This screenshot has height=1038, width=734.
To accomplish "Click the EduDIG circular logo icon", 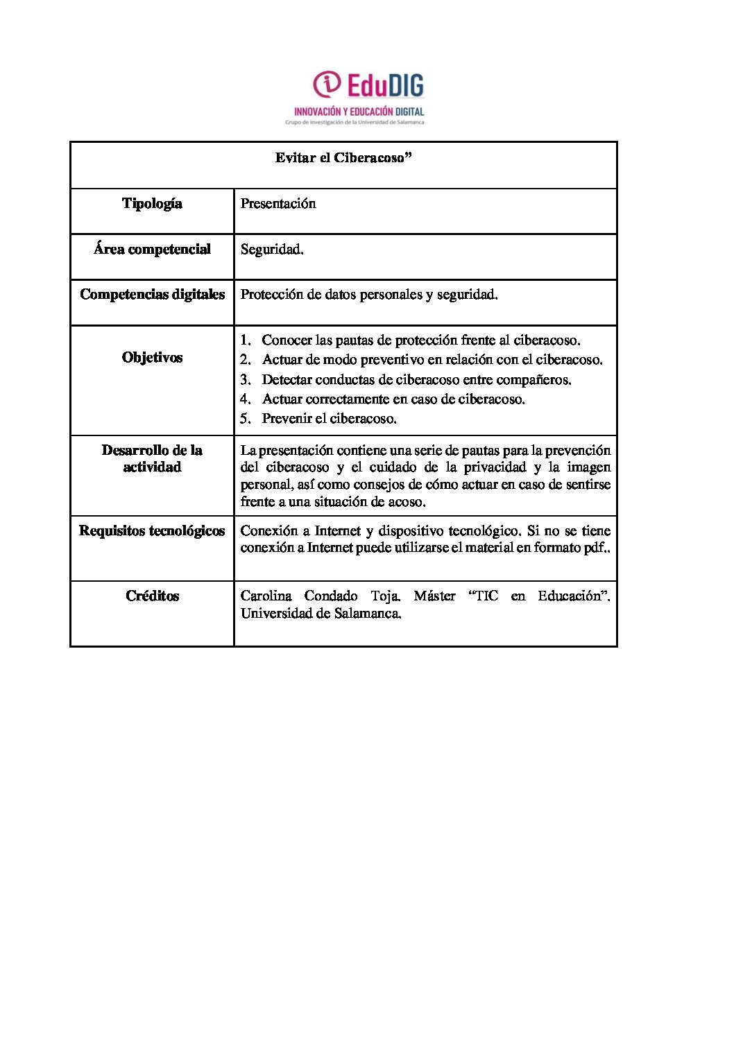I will coord(327,85).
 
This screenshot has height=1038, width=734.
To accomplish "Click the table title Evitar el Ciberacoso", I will coord(343,158).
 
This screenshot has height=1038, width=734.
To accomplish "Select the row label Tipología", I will coord(152,204).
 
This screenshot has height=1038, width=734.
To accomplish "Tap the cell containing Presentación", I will coord(278,204).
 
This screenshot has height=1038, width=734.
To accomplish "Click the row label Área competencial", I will coord(152,250).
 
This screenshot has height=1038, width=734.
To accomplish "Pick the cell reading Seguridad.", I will coord(272,250).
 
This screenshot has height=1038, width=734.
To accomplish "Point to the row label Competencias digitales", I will coord(152,295).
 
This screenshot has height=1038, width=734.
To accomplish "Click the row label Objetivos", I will coord(152,358).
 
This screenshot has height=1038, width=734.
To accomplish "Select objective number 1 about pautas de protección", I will coord(420,340).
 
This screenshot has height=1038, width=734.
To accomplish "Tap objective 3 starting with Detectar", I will coord(416,380).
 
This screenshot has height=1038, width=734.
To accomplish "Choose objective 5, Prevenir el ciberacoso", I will coord(329,419).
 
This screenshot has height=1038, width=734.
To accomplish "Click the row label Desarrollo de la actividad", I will coord(152,459).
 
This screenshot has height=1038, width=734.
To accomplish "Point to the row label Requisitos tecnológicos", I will coord(152,531).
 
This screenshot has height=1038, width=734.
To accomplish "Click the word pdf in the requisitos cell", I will coord(594,548).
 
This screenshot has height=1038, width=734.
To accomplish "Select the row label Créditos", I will coord(152,596).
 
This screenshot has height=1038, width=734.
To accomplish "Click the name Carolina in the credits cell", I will coord(266,596).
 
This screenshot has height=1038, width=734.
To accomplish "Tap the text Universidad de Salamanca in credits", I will coord(321,614).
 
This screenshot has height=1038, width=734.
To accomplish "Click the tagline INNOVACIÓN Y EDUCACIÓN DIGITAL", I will coord(359,111).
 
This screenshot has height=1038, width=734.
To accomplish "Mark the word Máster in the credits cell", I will coord(434,596).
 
